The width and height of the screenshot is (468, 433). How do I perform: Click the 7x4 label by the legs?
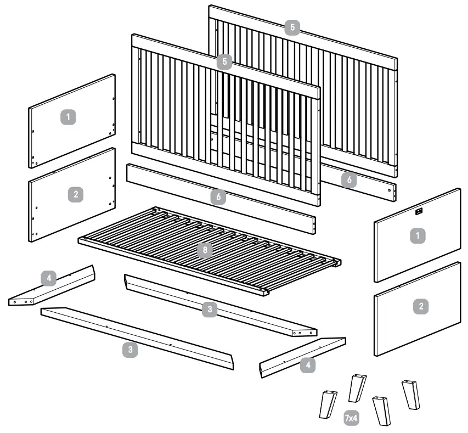click(351, 418)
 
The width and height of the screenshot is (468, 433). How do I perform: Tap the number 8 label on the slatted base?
click(205, 250)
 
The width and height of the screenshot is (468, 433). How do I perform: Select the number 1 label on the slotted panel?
click(418, 235)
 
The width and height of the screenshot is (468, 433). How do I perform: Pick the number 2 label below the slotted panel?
click(421, 307)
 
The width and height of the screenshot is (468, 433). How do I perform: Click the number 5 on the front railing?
click(224, 61)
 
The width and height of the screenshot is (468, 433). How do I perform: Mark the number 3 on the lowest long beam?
click(129, 350)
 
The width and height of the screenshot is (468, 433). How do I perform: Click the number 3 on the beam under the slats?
click(209, 310)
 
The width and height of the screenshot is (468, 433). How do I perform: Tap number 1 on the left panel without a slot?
click(68, 117)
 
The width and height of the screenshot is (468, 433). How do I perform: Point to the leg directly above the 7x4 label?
click(357, 388)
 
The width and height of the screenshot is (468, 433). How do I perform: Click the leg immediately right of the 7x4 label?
click(382, 410)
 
